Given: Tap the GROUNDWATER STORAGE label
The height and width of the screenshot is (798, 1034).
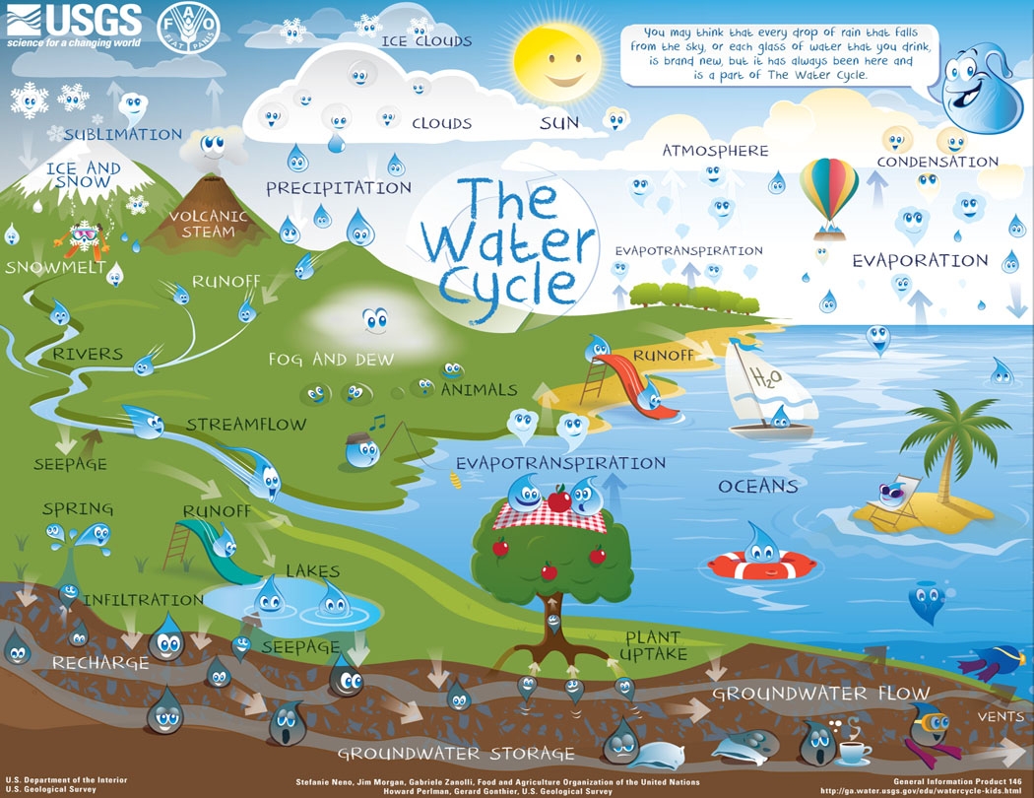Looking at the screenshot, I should pos(456,754).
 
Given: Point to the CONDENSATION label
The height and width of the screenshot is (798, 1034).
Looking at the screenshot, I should pos(937,162).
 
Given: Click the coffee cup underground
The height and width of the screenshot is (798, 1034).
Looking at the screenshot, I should pos(854,753).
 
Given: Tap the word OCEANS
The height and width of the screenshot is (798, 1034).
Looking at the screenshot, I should pos(757,487).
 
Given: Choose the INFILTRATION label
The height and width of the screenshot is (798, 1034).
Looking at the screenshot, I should pos(143,599).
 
